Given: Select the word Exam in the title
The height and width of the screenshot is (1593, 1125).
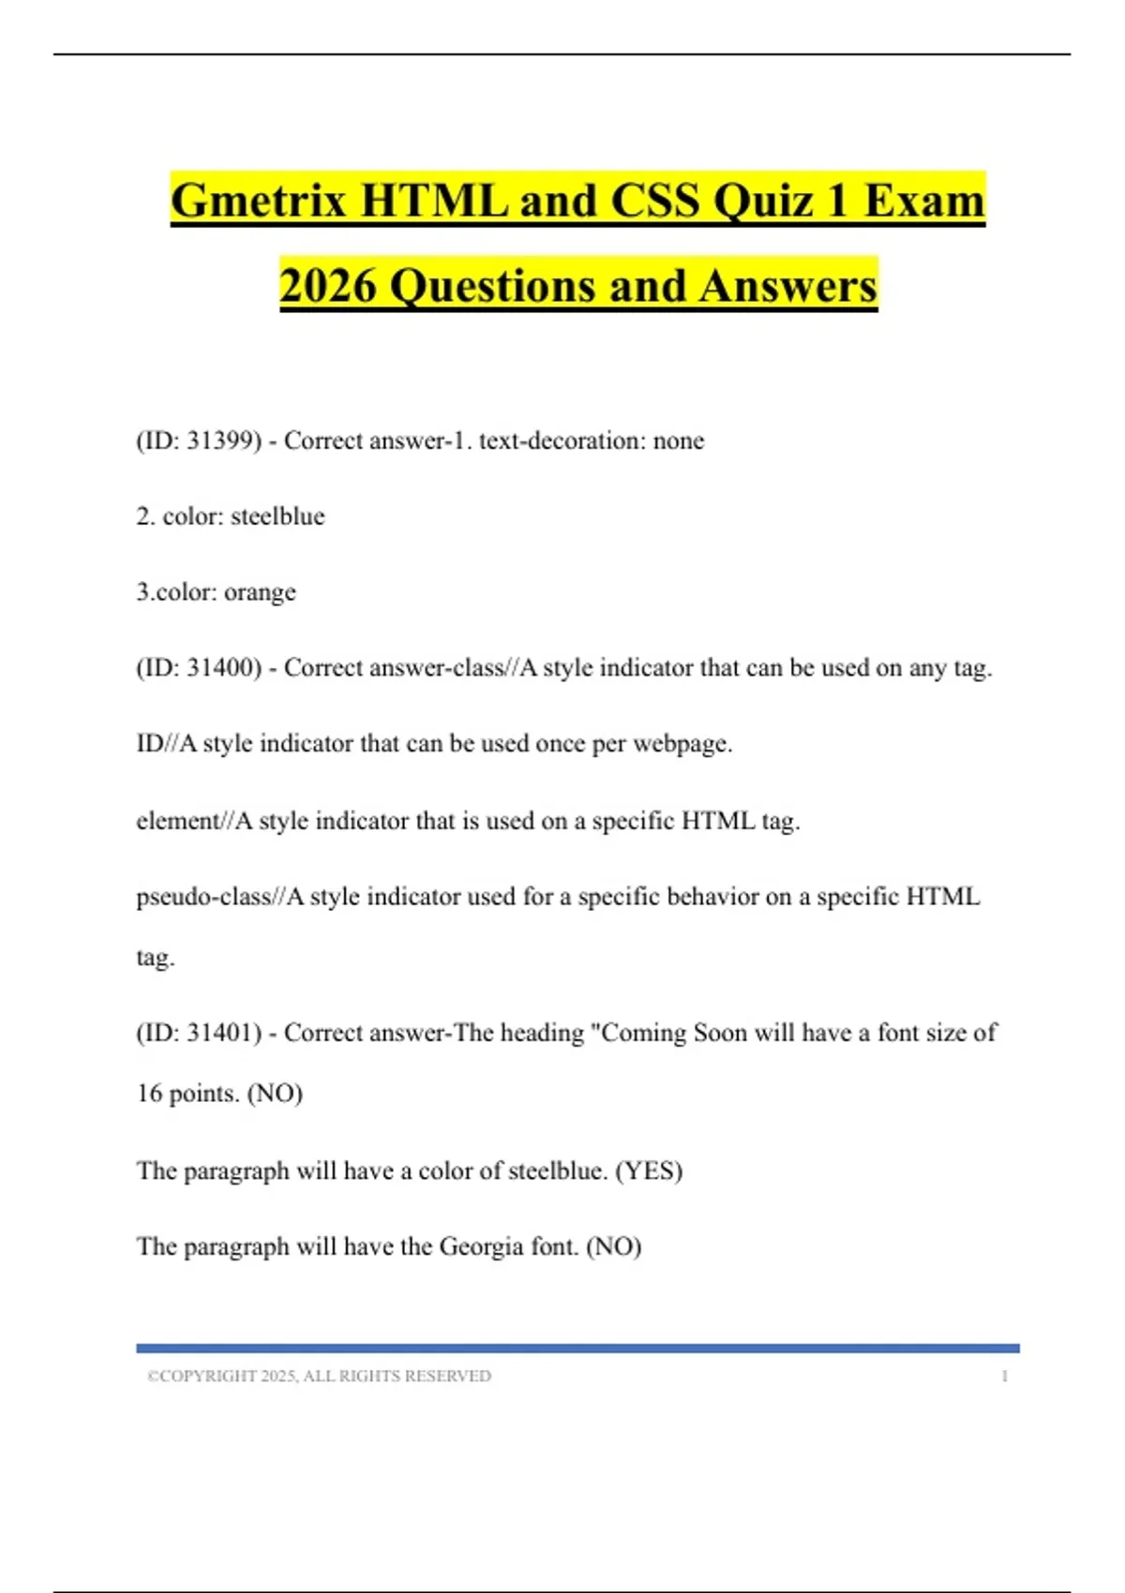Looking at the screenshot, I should pos(924,201).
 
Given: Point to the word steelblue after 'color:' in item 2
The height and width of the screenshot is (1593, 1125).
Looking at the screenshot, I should pos(277,516).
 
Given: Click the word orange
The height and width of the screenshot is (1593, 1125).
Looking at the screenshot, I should pos(260,592).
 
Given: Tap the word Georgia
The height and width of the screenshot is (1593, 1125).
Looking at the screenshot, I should pos(482,1246).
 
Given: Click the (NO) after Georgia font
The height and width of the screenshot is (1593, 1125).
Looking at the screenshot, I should pos(614,1246).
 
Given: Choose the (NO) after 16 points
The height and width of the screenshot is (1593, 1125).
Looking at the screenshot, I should pos(275,1094).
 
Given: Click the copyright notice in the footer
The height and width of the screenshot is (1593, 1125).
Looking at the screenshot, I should pos(319,1376).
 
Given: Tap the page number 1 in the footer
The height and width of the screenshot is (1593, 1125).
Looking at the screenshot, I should pos(1005,1376).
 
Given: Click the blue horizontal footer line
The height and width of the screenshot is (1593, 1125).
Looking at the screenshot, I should pos(577,1348).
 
